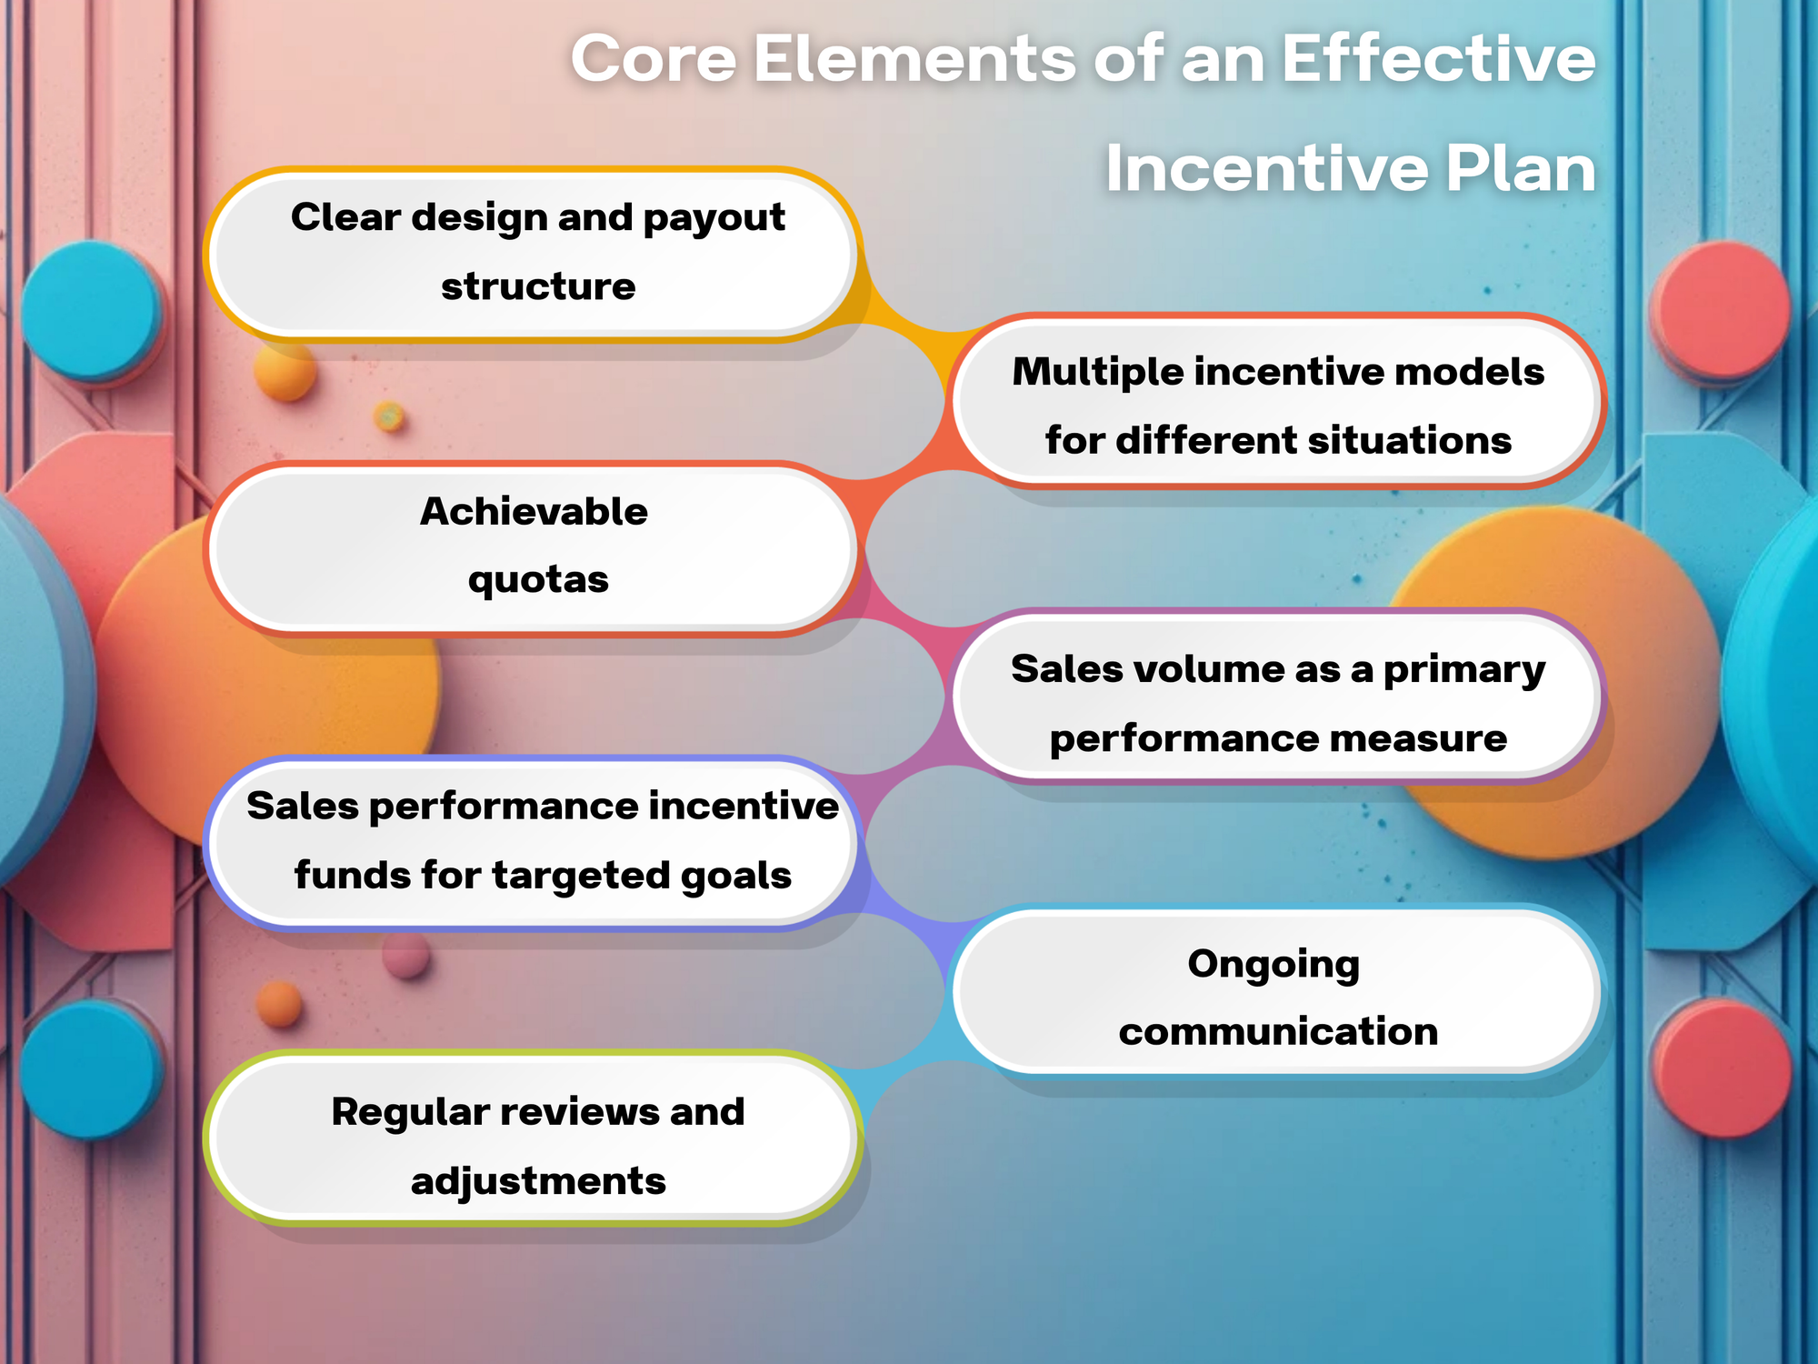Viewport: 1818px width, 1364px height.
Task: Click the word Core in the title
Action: pos(653,59)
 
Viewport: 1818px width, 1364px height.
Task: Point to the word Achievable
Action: pos(534,512)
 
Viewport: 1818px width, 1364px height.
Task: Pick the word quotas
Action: pos(538,580)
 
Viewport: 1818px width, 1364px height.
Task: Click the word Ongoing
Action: pos(1274,965)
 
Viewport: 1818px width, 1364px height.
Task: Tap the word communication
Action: pos(1278,1032)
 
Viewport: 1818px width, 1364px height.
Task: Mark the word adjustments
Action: pos(538,1181)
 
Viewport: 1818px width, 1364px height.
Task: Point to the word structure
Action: pos(538,287)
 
